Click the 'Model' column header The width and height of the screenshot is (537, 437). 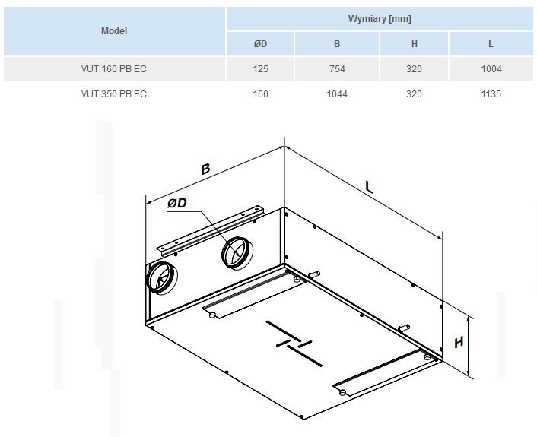[x=114, y=31]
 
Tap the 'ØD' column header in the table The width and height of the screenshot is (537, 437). [x=260, y=44]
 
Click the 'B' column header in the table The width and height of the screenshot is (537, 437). [x=337, y=44]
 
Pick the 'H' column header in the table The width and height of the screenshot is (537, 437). [x=415, y=44]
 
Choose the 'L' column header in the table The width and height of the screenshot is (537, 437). [x=491, y=44]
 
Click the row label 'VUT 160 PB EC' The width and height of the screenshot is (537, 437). [x=114, y=69]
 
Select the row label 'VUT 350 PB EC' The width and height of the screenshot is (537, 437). [x=114, y=94]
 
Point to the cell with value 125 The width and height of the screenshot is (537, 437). [x=260, y=69]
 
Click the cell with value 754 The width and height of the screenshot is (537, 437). [x=337, y=69]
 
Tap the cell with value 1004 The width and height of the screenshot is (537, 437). [x=491, y=69]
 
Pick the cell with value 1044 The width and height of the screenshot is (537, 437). [x=337, y=94]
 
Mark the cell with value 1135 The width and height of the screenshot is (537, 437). [x=491, y=94]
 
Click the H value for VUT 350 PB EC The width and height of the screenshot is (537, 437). [x=415, y=94]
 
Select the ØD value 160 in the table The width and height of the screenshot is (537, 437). [x=260, y=94]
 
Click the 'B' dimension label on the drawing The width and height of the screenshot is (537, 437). [x=205, y=169]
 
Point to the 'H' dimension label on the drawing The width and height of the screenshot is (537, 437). [x=459, y=342]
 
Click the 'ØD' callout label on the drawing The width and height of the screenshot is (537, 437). [x=177, y=203]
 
